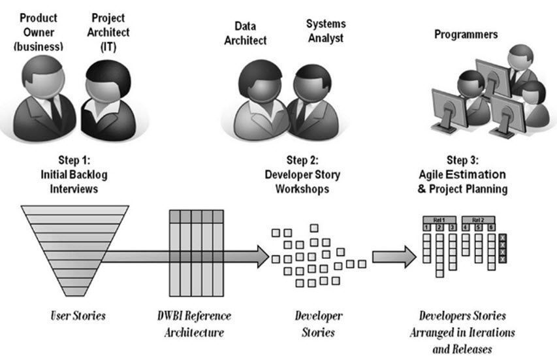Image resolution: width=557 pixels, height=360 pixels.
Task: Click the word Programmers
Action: pos(466,34)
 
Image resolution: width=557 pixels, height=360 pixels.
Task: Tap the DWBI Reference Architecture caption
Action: pos(191,324)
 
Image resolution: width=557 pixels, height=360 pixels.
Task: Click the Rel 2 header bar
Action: pos(479,220)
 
